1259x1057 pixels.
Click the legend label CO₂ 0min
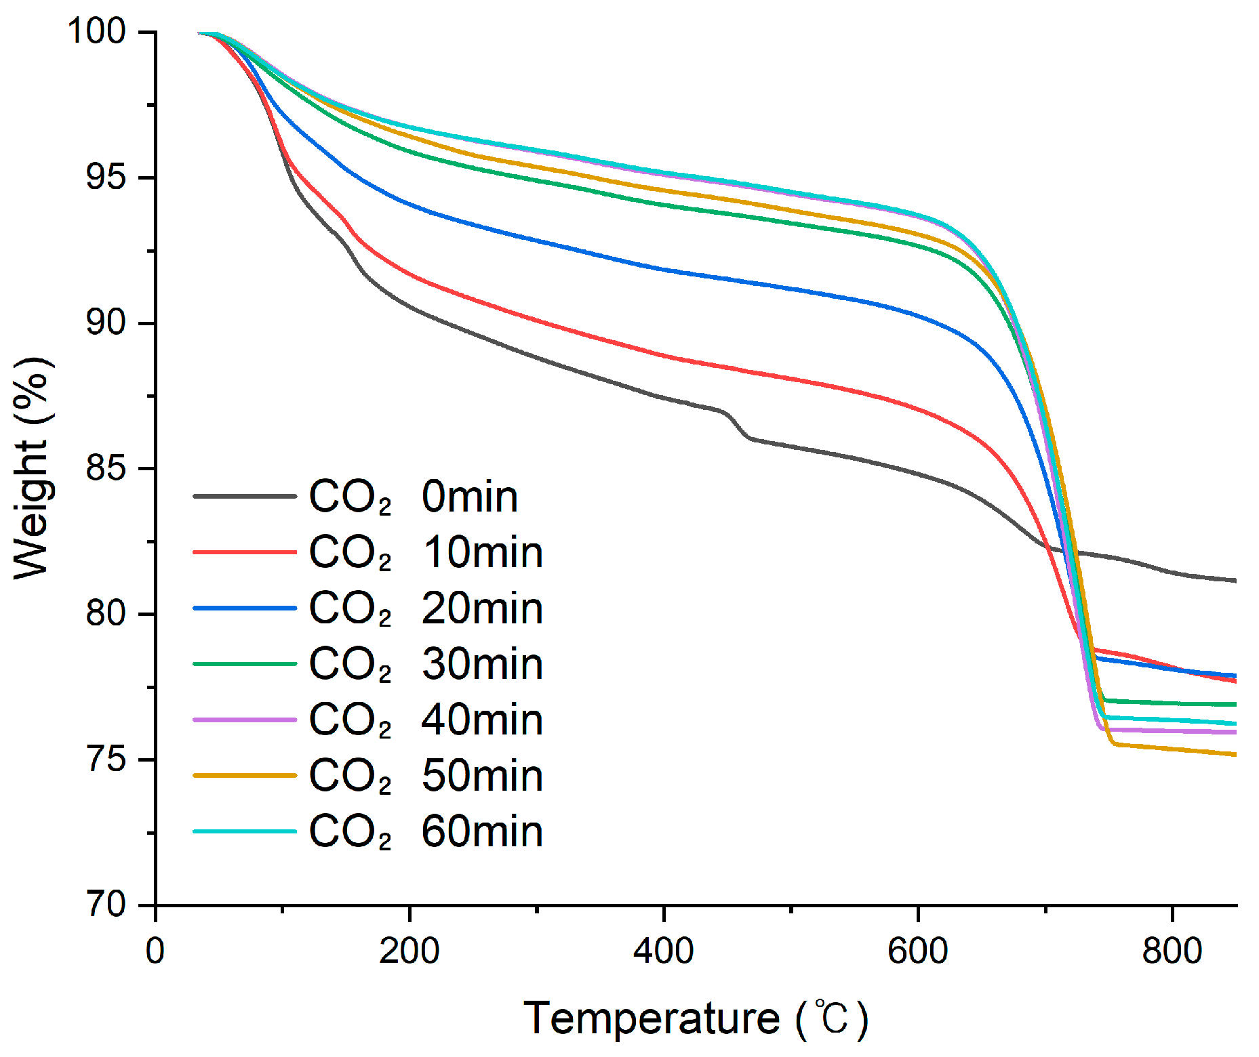(x=414, y=497)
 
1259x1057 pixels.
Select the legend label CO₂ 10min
(x=426, y=552)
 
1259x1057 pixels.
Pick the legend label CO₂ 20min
(x=426, y=608)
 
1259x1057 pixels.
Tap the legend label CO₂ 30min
(x=426, y=664)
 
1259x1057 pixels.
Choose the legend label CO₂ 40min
(x=426, y=720)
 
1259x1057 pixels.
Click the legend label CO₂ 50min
(x=426, y=776)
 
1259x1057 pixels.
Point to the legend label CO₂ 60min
(x=426, y=831)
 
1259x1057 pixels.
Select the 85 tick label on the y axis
(x=106, y=468)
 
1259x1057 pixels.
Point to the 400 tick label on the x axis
(x=663, y=951)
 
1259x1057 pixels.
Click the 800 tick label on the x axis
(x=1172, y=951)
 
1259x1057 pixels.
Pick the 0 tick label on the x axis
(x=155, y=951)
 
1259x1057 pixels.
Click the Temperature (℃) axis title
(x=696, y=1018)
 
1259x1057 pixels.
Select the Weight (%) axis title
(x=32, y=468)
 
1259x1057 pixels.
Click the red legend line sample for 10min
(x=245, y=552)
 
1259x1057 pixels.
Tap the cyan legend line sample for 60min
(x=245, y=831)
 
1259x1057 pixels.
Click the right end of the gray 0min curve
(x=1234, y=580)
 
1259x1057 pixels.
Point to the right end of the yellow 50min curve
(x=1234, y=754)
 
